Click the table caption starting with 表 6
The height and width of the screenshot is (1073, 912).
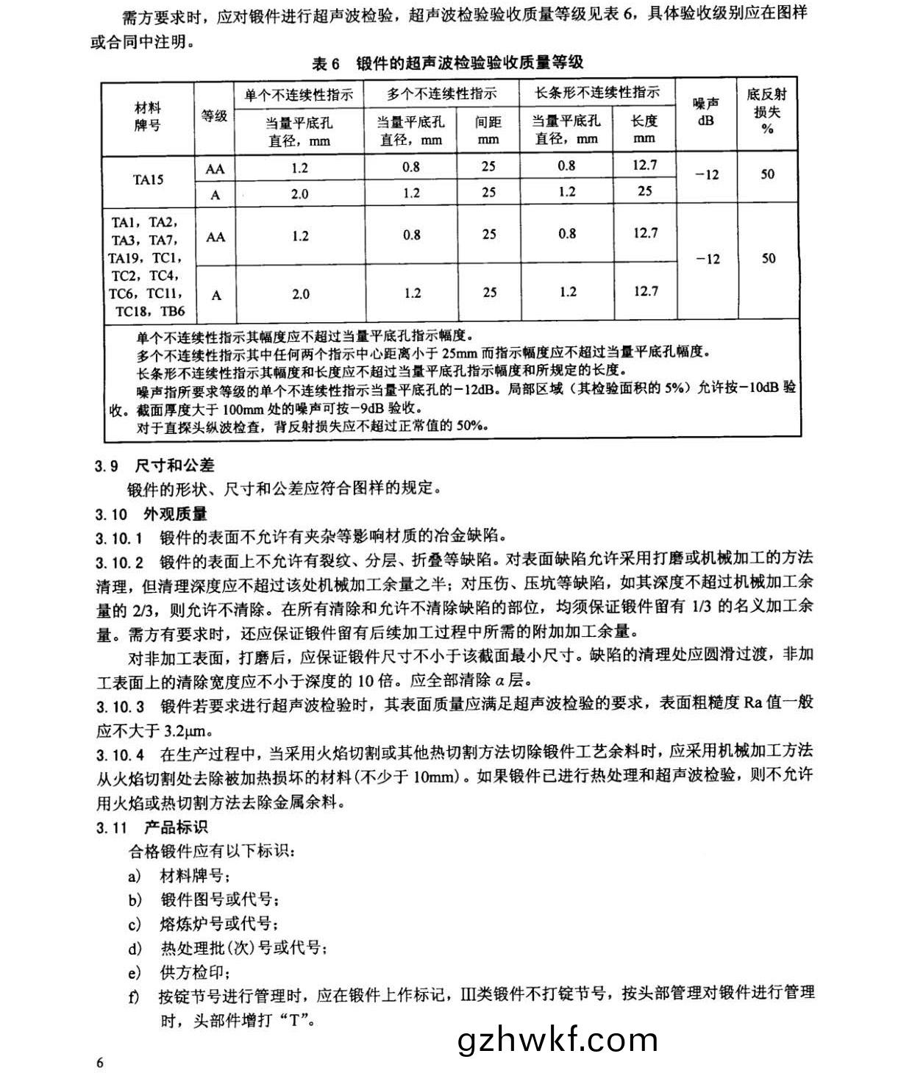448,63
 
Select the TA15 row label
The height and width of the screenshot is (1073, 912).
148,179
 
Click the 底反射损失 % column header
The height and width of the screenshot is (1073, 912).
767,111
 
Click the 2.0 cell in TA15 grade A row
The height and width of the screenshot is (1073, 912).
299,194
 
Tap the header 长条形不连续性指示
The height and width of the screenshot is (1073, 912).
596,93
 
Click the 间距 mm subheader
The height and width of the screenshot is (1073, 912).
488,129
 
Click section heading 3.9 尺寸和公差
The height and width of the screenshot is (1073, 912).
154,465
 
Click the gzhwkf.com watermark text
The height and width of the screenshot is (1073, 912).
557,1039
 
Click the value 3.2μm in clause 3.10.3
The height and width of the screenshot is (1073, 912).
187,730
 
